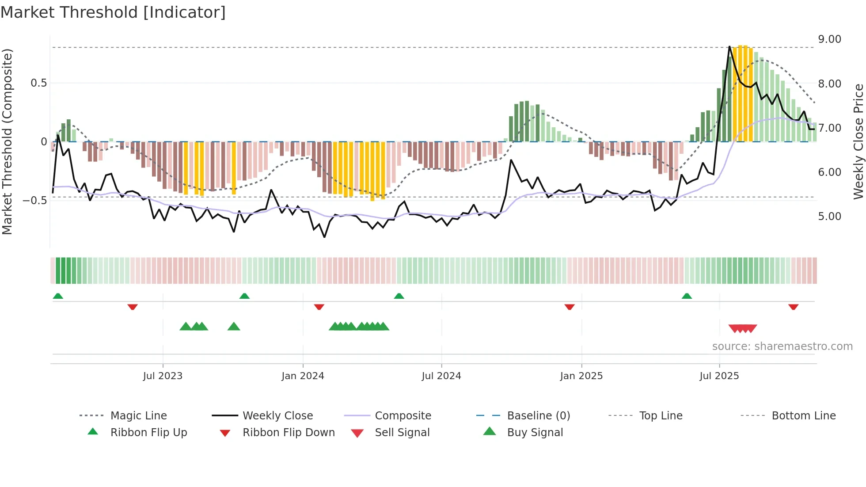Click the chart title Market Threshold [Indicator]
[113, 12]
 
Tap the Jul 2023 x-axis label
[163, 376]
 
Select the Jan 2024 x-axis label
[303, 376]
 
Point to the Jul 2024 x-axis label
[441, 376]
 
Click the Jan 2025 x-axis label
[581, 376]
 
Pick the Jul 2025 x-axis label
[719, 376]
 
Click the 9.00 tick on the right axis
[829, 39]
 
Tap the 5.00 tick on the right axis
[829, 217]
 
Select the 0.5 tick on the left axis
[38, 83]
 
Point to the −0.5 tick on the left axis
[35, 201]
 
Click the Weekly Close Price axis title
[858, 141]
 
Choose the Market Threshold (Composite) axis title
[7, 141]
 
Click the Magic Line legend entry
[138, 416]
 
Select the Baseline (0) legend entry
[538, 416]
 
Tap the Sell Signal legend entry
[402, 433]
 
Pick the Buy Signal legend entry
[535, 433]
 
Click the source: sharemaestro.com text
[782, 346]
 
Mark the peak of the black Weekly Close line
[729, 46]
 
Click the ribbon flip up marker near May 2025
[687, 296]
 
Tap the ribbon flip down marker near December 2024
[570, 307]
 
